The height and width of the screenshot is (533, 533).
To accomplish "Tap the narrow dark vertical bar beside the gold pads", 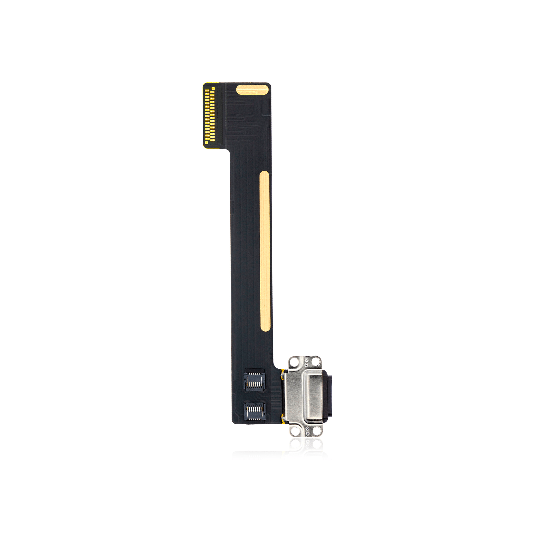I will tap(220, 116).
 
